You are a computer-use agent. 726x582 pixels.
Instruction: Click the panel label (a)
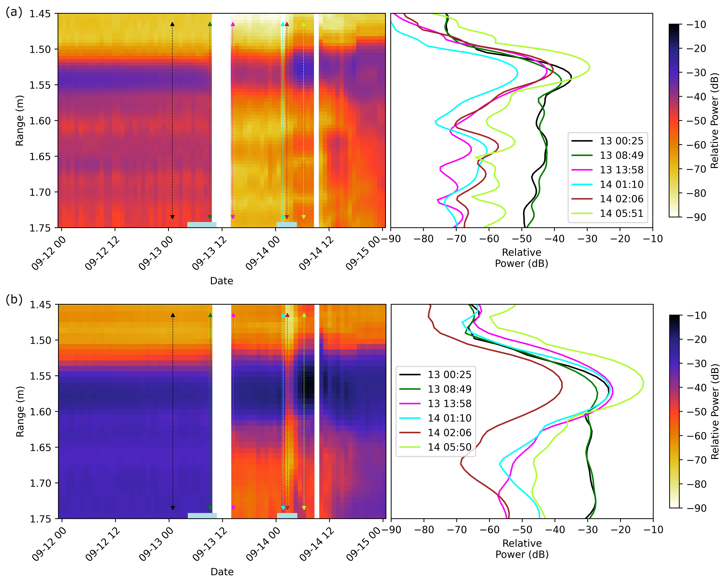[x=14, y=13]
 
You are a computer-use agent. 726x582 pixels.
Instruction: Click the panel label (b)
[x=14, y=299]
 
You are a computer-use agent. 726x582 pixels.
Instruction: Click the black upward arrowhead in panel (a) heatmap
[x=172, y=24]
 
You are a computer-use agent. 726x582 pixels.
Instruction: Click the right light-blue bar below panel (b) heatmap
[x=287, y=515]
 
